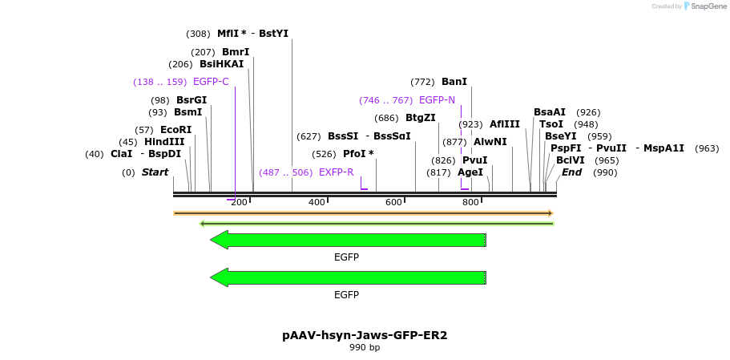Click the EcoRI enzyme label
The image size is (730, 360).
click(175, 130)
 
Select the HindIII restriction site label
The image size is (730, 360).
click(164, 142)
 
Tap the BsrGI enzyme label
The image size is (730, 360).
click(192, 100)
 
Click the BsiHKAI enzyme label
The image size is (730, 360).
click(221, 64)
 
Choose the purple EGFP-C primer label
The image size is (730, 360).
click(211, 82)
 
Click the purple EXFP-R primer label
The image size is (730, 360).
click(336, 172)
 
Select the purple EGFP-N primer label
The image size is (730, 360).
click(437, 100)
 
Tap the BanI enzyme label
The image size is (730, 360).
click(454, 82)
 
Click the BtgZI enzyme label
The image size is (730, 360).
click(421, 118)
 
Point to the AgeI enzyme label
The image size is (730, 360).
click(470, 172)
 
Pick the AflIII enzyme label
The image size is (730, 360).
click(505, 124)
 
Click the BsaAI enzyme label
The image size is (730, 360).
click(550, 112)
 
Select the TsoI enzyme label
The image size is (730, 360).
click(551, 124)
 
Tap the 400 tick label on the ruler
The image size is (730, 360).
click(317, 202)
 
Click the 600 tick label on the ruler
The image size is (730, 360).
click(393, 202)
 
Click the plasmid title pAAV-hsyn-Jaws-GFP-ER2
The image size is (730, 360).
click(365, 335)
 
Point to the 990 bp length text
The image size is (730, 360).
click(365, 348)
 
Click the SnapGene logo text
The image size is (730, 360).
click(705, 6)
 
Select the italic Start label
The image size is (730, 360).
click(155, 172)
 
